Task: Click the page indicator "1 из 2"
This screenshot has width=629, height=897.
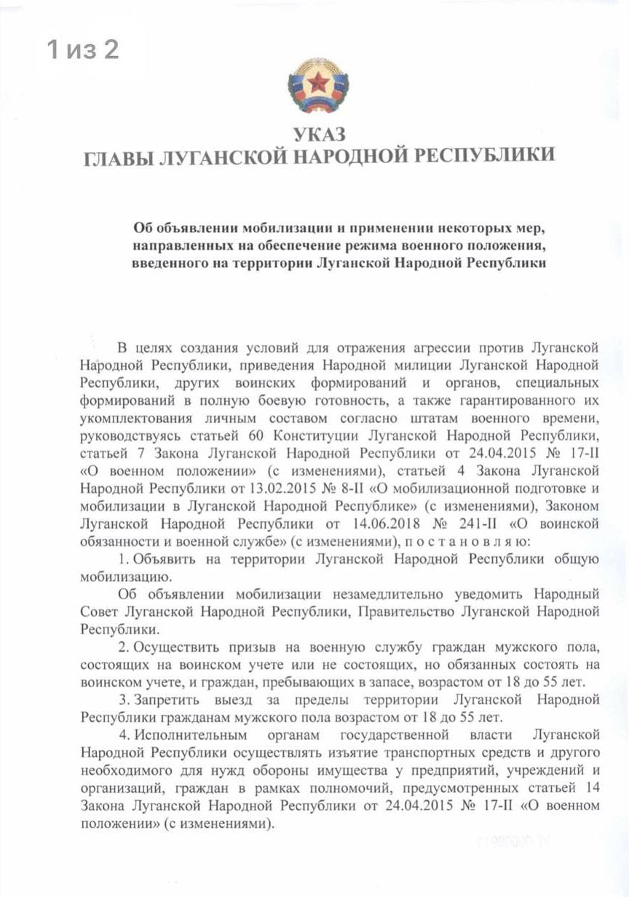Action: pos(83,50)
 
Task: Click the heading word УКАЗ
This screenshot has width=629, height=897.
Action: pos(319,134)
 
